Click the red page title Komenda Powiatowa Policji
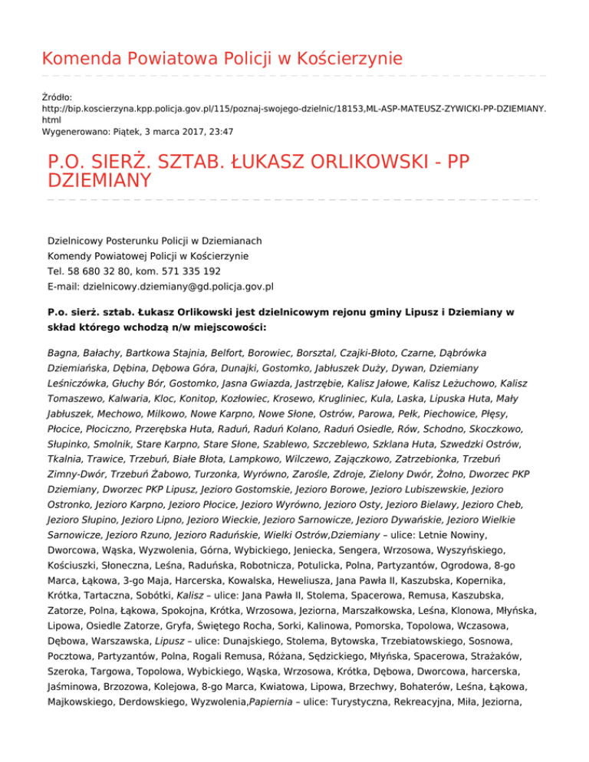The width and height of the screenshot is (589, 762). point(222,58)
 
